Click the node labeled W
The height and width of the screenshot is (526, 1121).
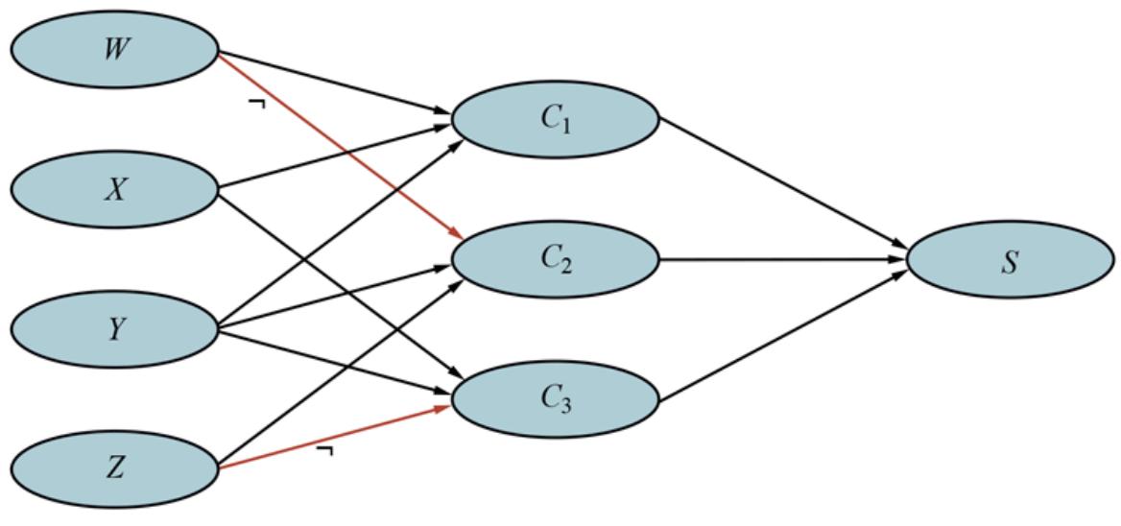[x=114, y=50]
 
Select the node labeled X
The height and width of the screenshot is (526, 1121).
[x=114, y=190]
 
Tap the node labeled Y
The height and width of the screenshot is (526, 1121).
[x=114, y=330]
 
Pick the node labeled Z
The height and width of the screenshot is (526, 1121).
[x=114, y=469]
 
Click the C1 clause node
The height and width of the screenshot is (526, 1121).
[x=555, y=119]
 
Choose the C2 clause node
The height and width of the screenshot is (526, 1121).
[x=555, y=259]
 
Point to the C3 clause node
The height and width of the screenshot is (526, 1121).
[x=555, y=399]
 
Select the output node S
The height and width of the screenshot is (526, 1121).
[x=1009, y=260]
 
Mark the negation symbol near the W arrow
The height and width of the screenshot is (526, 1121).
[x=257, y=103]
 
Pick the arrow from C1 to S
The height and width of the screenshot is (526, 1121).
[x=782, y=188]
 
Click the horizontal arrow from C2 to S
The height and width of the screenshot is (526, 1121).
[x=782, y=259]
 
